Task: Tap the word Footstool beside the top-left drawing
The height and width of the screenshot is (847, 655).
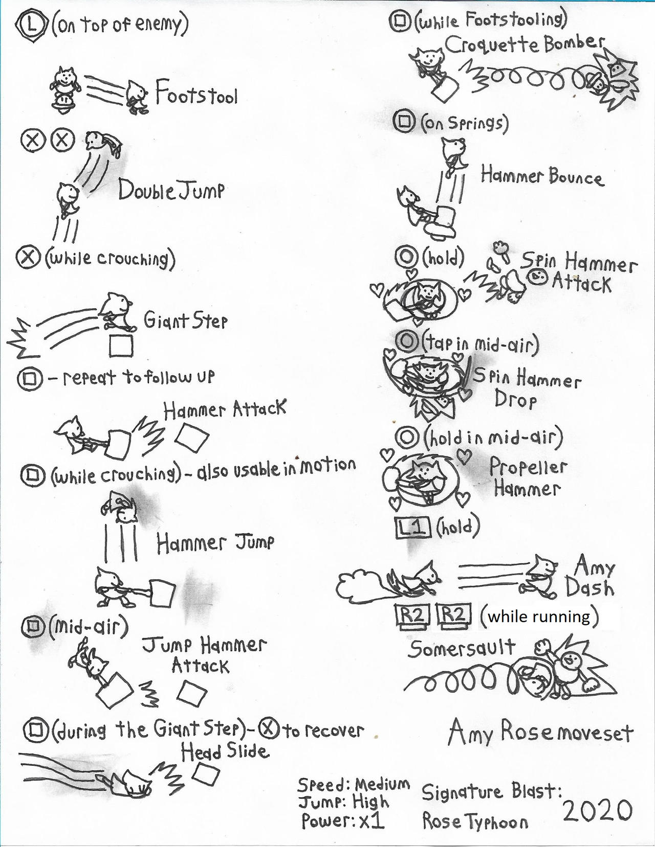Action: (x=196, y=94)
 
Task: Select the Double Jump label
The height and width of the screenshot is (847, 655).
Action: (x=171, y=190)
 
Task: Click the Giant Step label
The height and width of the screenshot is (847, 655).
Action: (x=185, y=321)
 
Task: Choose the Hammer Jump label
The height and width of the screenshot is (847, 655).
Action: (x=215, y=543)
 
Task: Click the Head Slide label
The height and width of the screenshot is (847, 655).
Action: (x=225, y=752)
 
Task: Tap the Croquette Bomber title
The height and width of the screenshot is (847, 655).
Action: (x=525, y=44)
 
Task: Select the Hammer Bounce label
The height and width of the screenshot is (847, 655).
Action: (x=542, y=176)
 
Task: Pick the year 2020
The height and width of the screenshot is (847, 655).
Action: (x=598, y=811)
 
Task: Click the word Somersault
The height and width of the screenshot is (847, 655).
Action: (x=462, y=648)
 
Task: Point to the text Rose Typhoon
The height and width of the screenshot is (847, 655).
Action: (x=475, y=821)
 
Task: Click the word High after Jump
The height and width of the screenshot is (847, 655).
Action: (x=370, y=802)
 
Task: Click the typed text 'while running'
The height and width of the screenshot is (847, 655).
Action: (x=539, y=616)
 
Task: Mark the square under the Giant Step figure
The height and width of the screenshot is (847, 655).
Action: (x=121, y=346)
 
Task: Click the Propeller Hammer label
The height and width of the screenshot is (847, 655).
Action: (x=527, y=477)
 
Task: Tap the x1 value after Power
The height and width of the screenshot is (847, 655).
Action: (x=371, y=820)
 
